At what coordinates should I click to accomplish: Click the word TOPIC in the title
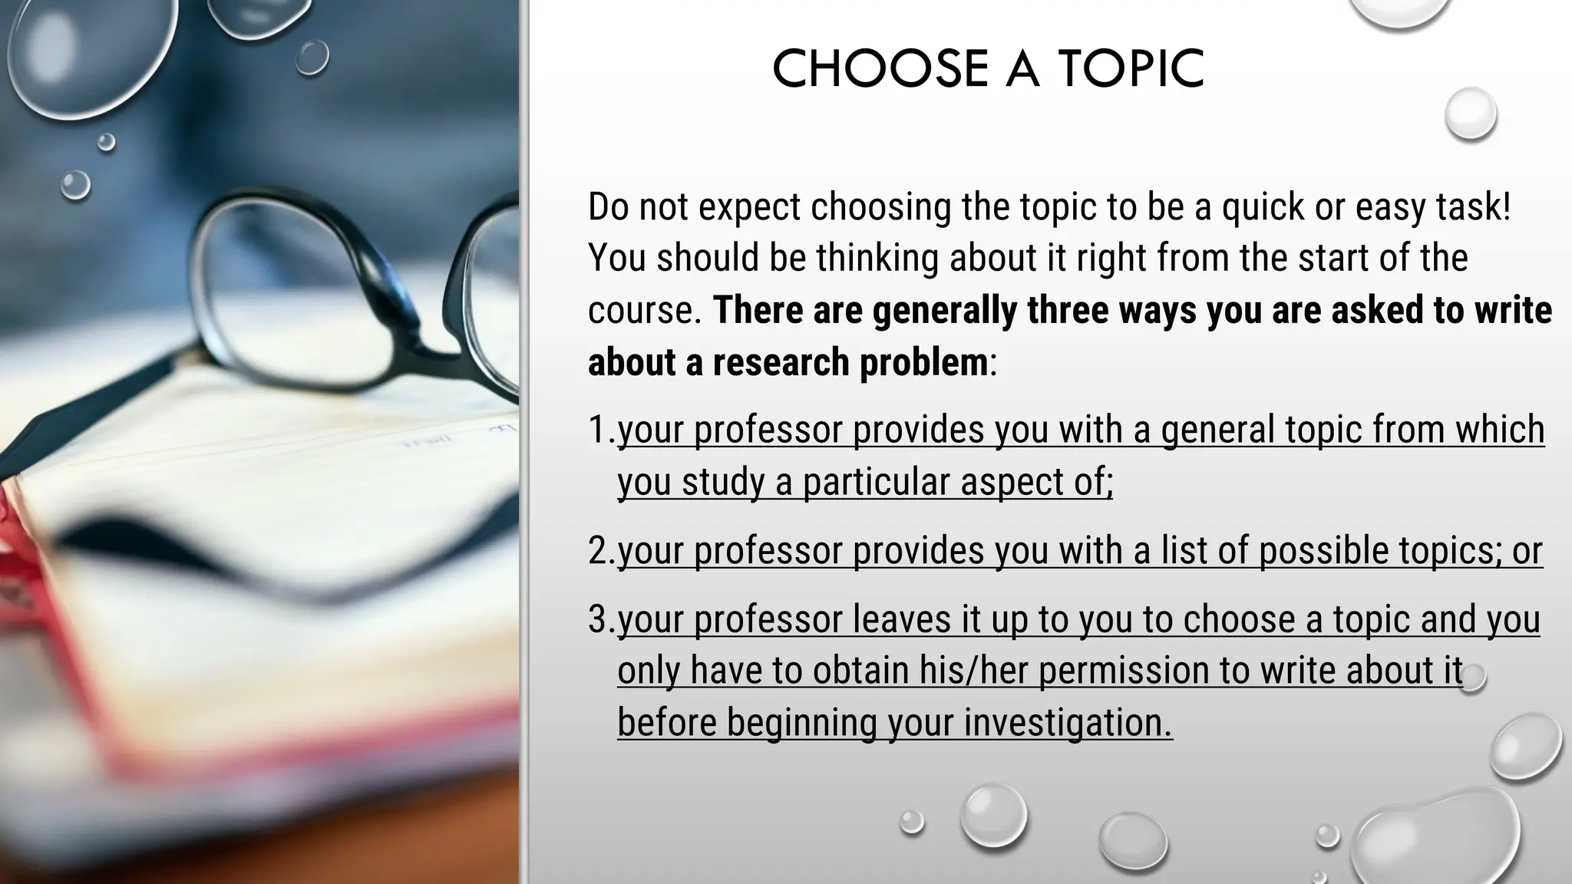(1131, 69)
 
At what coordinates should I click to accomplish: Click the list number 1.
(598, 430)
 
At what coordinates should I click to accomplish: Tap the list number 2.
(598, 551)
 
